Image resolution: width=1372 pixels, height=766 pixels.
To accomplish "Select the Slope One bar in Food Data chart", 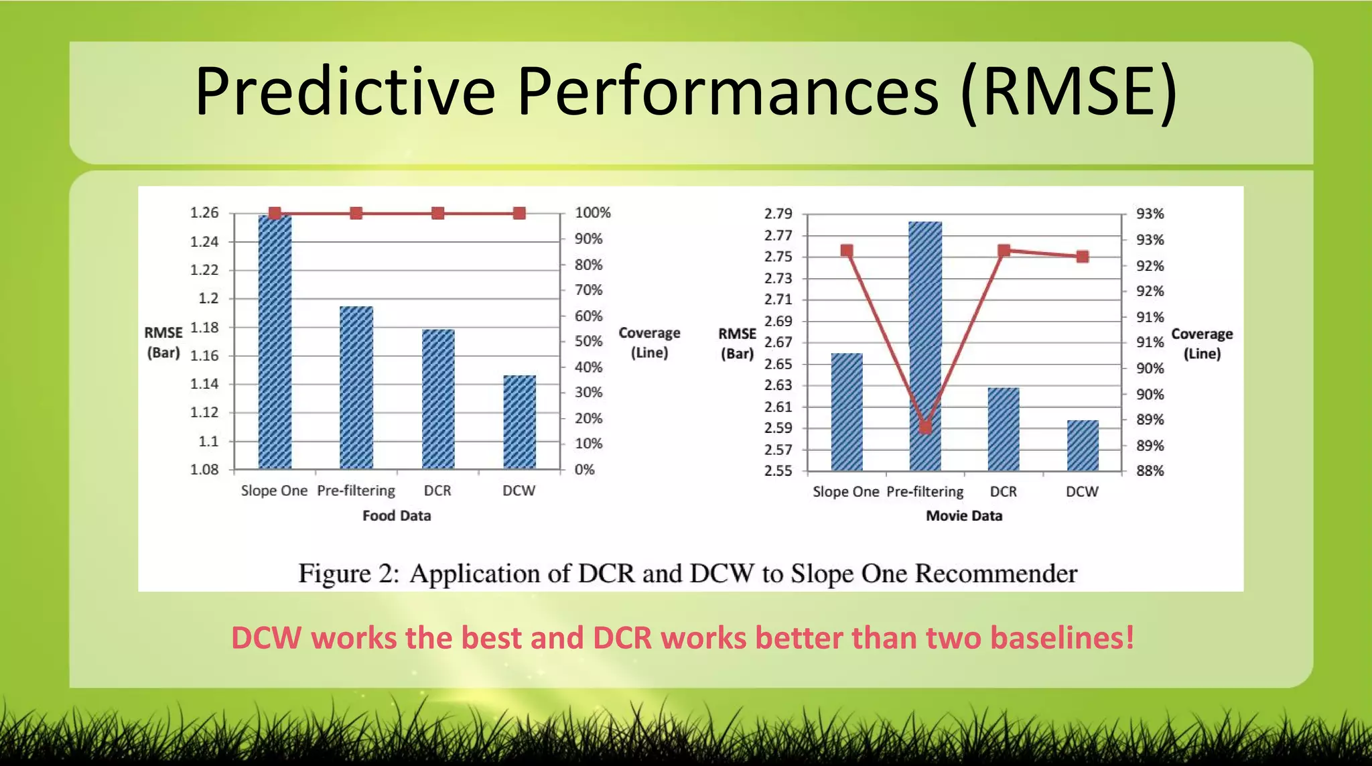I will [275, 342].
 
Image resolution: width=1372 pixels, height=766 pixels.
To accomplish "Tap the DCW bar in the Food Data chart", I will [519, 422].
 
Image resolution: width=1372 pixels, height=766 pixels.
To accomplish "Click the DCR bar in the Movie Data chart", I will [1004, 429].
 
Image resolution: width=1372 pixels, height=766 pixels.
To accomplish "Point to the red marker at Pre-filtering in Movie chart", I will [925, 428].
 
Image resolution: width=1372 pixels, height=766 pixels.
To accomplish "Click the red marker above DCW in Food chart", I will [519, 213].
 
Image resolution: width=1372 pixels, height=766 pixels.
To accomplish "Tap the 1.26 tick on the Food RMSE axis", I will [204, 213].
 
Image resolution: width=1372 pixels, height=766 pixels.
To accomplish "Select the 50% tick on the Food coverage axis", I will [588, 341].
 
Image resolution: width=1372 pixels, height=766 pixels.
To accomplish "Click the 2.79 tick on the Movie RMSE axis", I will [778, 214].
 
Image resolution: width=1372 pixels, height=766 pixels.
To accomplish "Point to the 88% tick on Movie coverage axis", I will [1150, 470].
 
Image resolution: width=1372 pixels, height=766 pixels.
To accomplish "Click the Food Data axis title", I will [397, 515].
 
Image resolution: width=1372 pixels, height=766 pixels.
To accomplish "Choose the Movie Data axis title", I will [964, 515].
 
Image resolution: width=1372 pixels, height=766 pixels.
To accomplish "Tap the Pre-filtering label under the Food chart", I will [356, 491].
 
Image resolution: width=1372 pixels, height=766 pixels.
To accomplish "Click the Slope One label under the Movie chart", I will [845, 491].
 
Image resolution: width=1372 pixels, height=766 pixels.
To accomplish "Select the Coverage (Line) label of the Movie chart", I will [1202, 343].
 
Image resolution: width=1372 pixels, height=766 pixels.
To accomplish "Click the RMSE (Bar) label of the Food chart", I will [163, 342].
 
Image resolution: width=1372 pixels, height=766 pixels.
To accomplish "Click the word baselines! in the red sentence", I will [1062, 637].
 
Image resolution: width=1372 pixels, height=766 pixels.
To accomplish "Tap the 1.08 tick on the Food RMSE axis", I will [204, 470].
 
